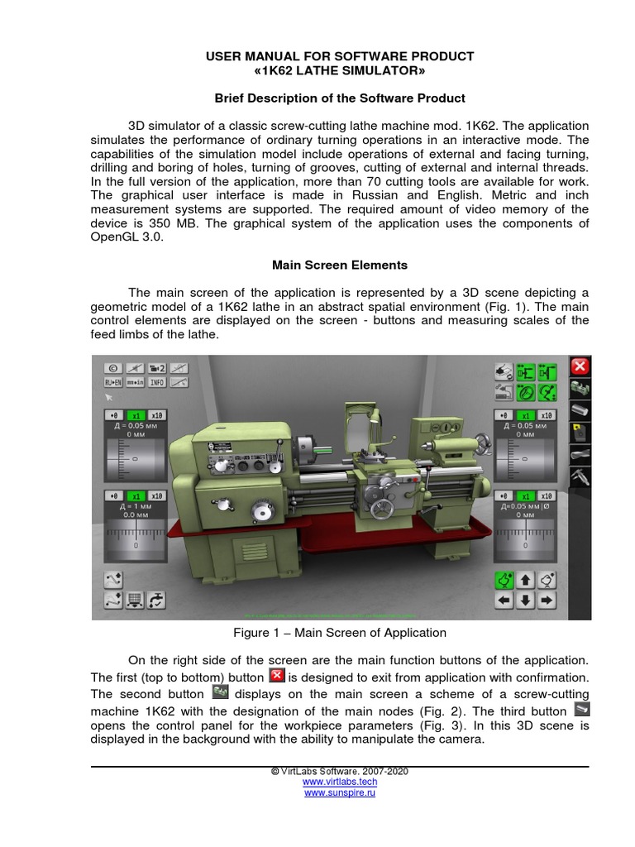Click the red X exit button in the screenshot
[580, 366]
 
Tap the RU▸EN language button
[112, 383]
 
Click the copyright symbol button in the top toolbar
[112, 367]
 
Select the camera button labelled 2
[156, 367]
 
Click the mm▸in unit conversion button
[134, 383]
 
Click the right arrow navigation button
[546, 600]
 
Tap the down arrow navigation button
[524, 600]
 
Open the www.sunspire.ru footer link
[340, 792]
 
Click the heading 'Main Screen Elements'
[340, 266]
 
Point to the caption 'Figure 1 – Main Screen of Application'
[340, 633]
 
